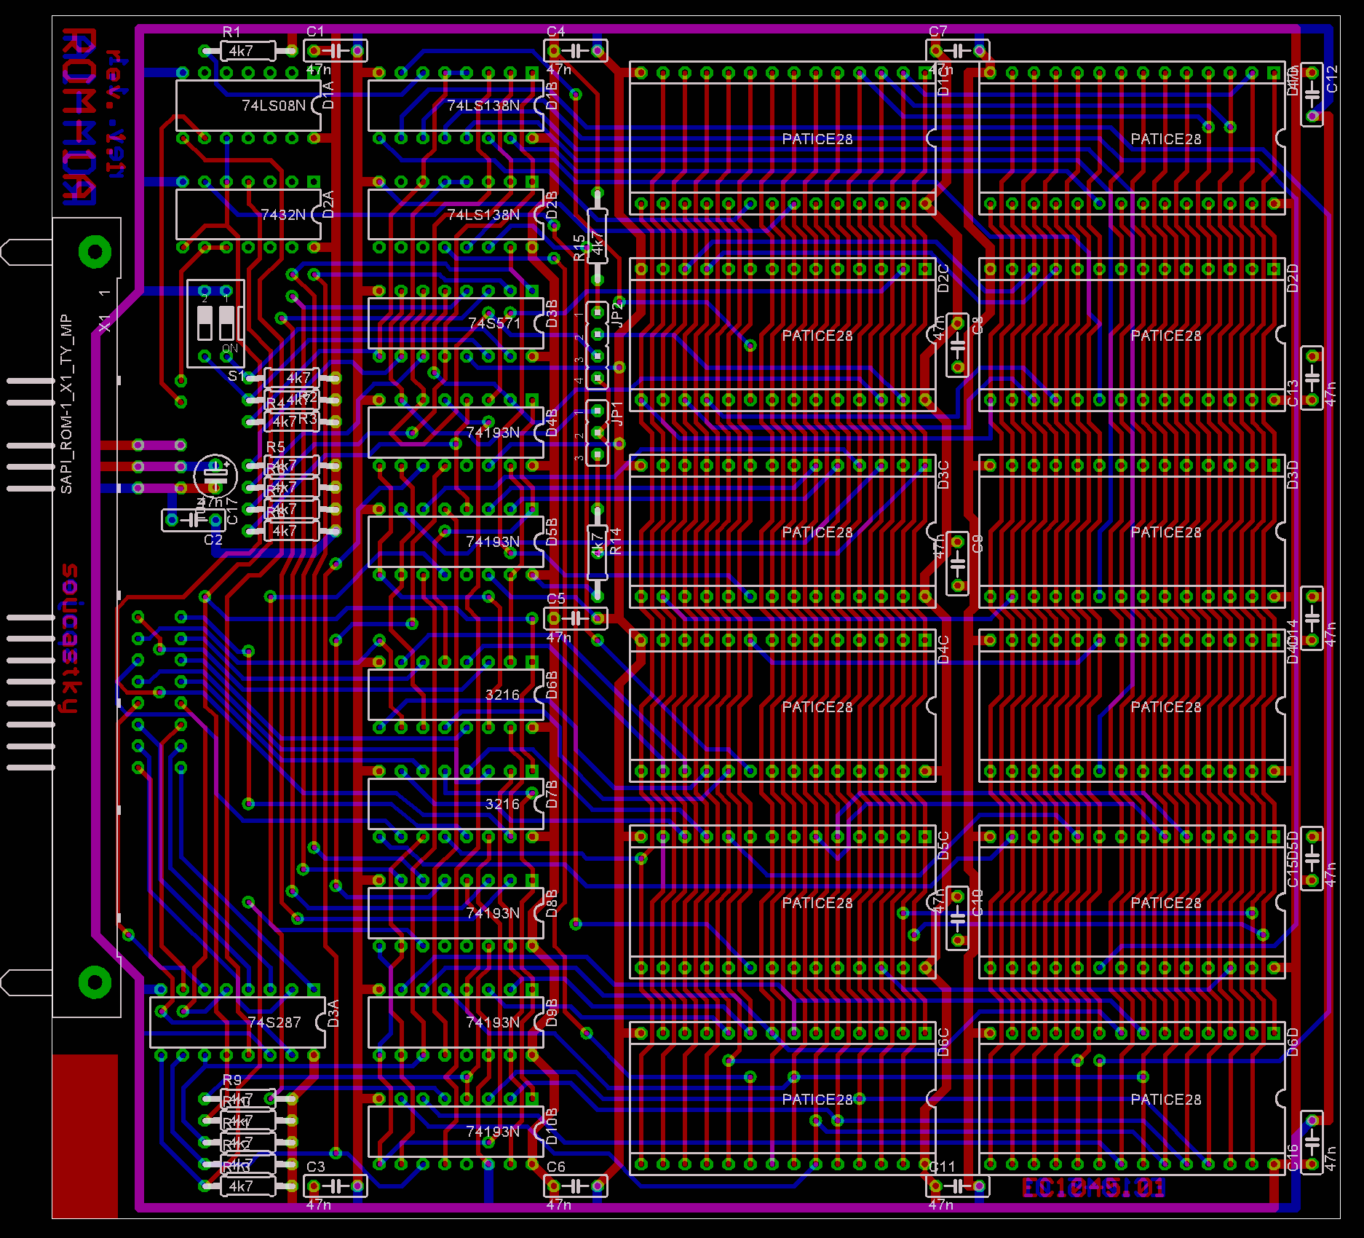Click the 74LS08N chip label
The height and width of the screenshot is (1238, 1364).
click(x=274, y=106)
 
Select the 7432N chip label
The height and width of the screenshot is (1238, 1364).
click(x=283, y=215)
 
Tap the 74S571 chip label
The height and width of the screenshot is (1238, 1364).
click(x=494, y=323)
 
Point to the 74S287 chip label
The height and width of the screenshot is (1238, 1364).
click(x=274, y=1022)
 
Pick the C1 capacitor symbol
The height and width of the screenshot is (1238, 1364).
click(x=336, y=51)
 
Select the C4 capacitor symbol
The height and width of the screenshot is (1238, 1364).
click(x=576, y=51)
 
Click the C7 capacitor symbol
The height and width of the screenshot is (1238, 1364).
click(x=957, y=51)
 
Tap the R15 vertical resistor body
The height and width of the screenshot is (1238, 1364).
click(x=598, y=237)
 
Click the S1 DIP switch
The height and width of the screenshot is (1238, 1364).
click(x=215, y=323)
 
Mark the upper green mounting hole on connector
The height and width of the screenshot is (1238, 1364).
click(x=95, y=252)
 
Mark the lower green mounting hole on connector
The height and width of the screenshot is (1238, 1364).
click(x=95, y=982)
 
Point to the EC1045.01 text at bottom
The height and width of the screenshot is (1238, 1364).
click(x=1094, y=1188)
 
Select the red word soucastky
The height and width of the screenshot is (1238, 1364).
click(x=69, y=638)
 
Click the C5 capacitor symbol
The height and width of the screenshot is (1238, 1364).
click(x=576, y=618)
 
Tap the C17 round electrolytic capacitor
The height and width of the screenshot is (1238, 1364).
click(x=215, y=476)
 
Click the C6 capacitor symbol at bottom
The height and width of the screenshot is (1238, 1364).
click(x=576, y=1186)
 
